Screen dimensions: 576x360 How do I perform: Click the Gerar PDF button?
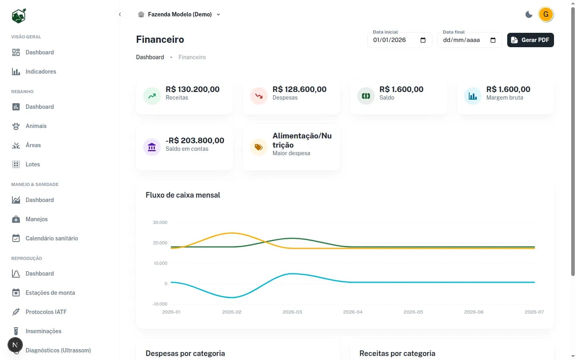coord(530,40)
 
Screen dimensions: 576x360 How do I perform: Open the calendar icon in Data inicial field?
coord(423,40)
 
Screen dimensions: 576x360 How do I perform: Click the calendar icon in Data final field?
coord(493,40)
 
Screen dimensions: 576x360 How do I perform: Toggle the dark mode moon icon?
coord(529,14)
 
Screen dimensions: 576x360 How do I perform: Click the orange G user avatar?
coord(546,14)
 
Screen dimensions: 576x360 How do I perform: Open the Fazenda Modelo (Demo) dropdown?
coord(179,14)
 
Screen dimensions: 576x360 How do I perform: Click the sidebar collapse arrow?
coord(120,14)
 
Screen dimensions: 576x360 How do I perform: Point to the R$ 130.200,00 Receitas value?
coord(192,89)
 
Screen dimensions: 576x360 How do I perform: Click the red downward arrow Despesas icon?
coord(259,96)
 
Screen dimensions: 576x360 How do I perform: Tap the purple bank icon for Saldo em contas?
coord(152,147)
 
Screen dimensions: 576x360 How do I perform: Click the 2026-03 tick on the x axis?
coord(292,312)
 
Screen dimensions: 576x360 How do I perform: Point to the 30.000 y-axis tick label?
coord(160,222)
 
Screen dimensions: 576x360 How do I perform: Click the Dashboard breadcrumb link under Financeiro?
coord(150,57)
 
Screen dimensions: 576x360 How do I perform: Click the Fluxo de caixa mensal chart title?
coord(183,195)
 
